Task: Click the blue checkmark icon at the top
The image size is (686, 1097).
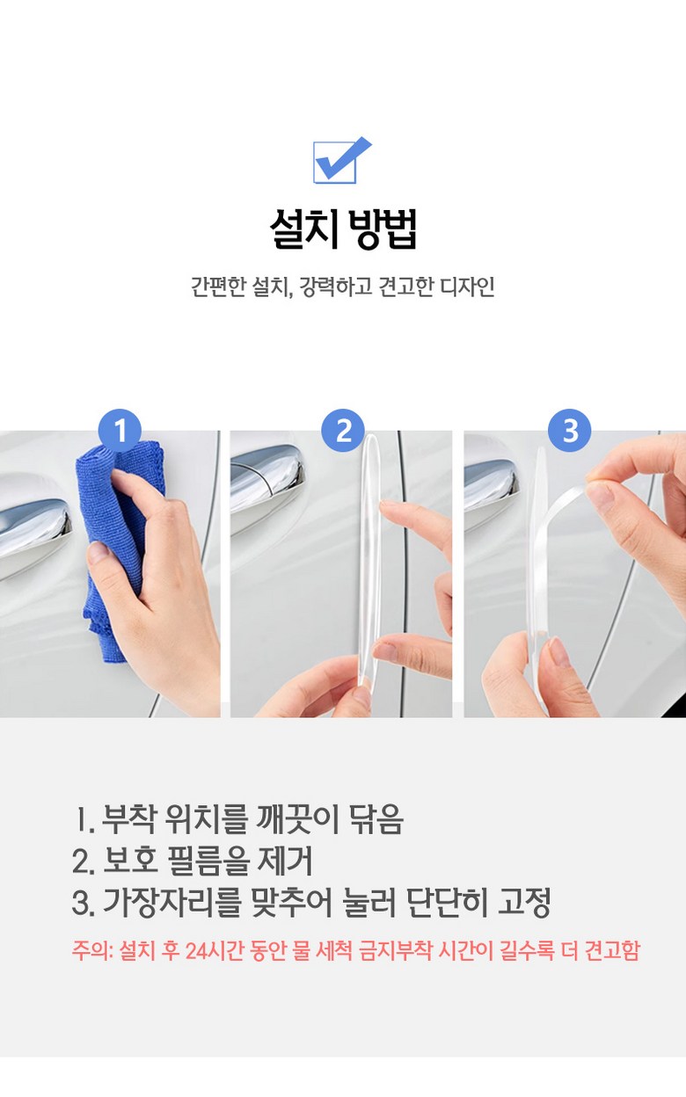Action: click(342, 161)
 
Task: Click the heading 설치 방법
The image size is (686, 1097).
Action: click(343, 229)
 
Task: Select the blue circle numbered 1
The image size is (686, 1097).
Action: click(120, 431)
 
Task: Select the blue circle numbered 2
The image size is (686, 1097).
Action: click(344, 431)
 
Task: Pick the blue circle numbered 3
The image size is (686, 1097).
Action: click(569, 431)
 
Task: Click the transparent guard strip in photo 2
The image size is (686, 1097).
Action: click(370, 558)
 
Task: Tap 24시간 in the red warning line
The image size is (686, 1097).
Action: click(214, 950)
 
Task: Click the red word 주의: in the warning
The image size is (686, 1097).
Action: click(92, 950)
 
